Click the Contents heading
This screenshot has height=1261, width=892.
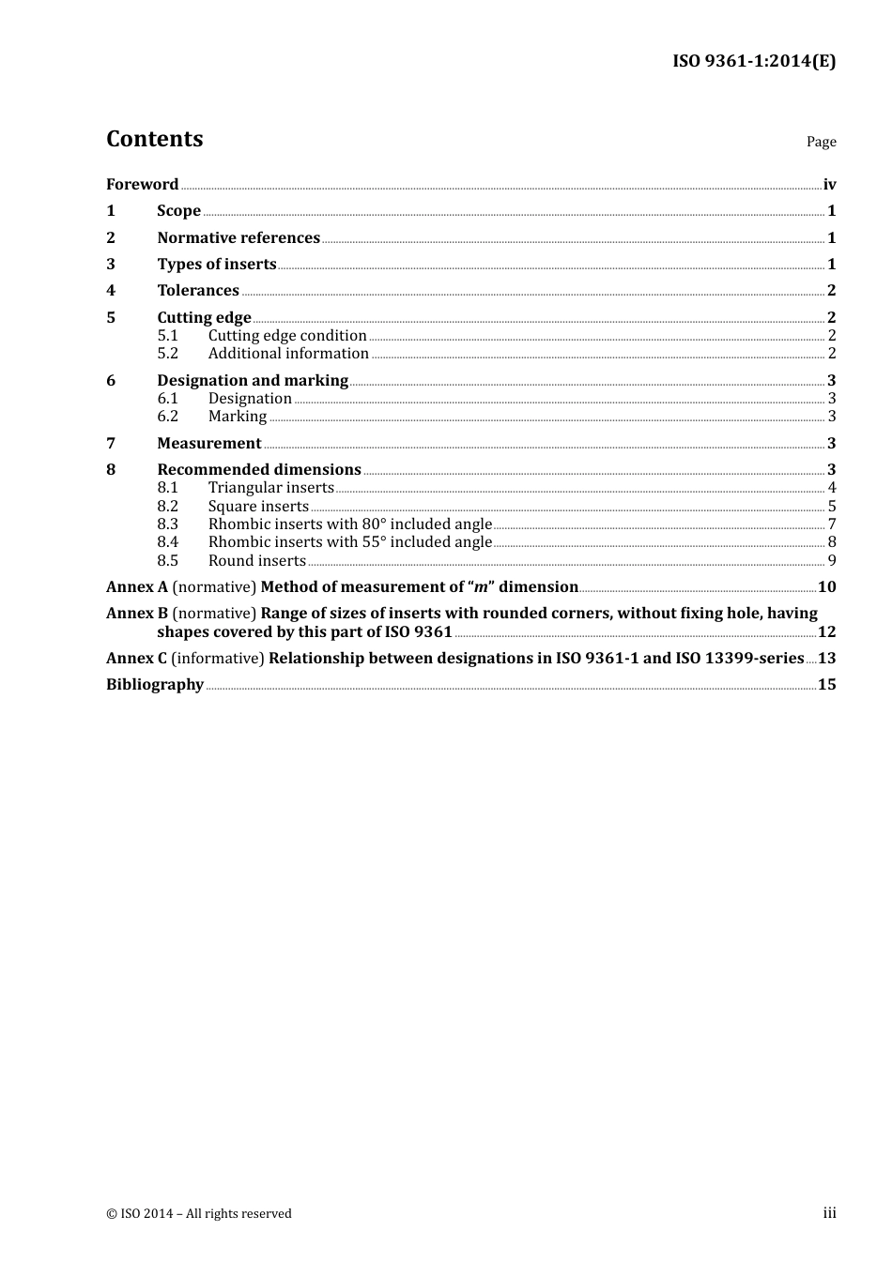[154, 139]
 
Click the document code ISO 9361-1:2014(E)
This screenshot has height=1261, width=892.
[753, 62]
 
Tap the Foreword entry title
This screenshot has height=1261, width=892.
[142, 185]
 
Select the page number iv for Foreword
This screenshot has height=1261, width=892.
[829, 185]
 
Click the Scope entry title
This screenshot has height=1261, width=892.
[178, 211]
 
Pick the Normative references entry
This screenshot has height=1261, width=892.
[238, 238]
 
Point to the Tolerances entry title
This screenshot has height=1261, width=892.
[198, 291]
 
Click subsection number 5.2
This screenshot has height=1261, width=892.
[167, 354]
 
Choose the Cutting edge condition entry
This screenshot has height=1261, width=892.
[287, 336]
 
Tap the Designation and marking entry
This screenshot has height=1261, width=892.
[253, 381]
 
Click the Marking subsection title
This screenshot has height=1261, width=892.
[238, 417]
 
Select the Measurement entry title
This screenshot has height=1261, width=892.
[209, 444]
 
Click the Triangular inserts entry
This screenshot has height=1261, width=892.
[270, 488]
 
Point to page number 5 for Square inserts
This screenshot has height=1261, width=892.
[832, 507]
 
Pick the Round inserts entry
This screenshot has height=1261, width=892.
[257, 561]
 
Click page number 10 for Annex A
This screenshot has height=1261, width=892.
[826, 587]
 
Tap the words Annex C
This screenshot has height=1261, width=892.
[136, 659]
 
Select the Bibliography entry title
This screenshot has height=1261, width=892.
[155, 685]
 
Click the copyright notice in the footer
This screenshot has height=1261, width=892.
[199, 1214]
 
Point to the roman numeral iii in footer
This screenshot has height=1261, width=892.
[829, 1213]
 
